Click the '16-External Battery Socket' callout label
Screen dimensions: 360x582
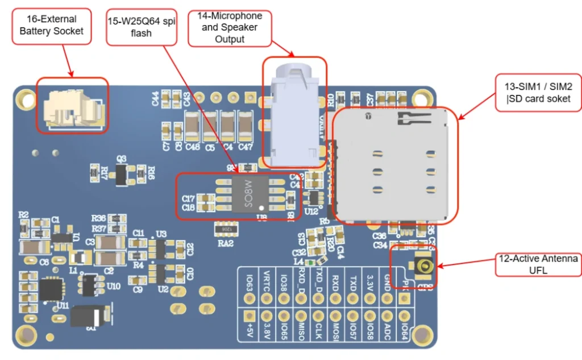(x=51, y=25)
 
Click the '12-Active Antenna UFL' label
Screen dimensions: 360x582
(x=538, y=264)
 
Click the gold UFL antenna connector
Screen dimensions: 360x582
(x=424, y=266)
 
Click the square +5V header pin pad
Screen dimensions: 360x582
(x=248, y=315)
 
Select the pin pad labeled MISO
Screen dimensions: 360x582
(x=301, y=315)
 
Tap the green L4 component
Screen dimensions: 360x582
(x=309, y=262)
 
